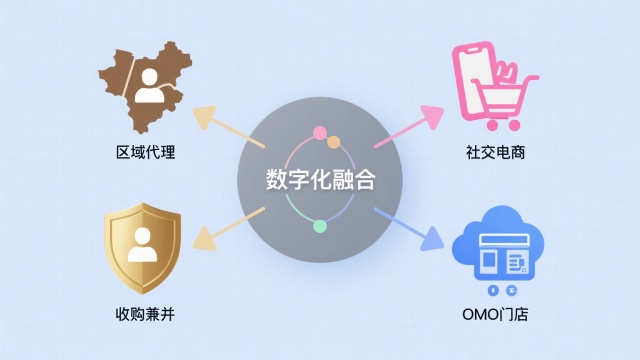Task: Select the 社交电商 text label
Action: [x=496, y=153]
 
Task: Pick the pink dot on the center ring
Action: [x=320, y=133]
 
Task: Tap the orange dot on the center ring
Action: [x=334, y=142]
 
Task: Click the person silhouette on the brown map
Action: [x=151, y=87]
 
